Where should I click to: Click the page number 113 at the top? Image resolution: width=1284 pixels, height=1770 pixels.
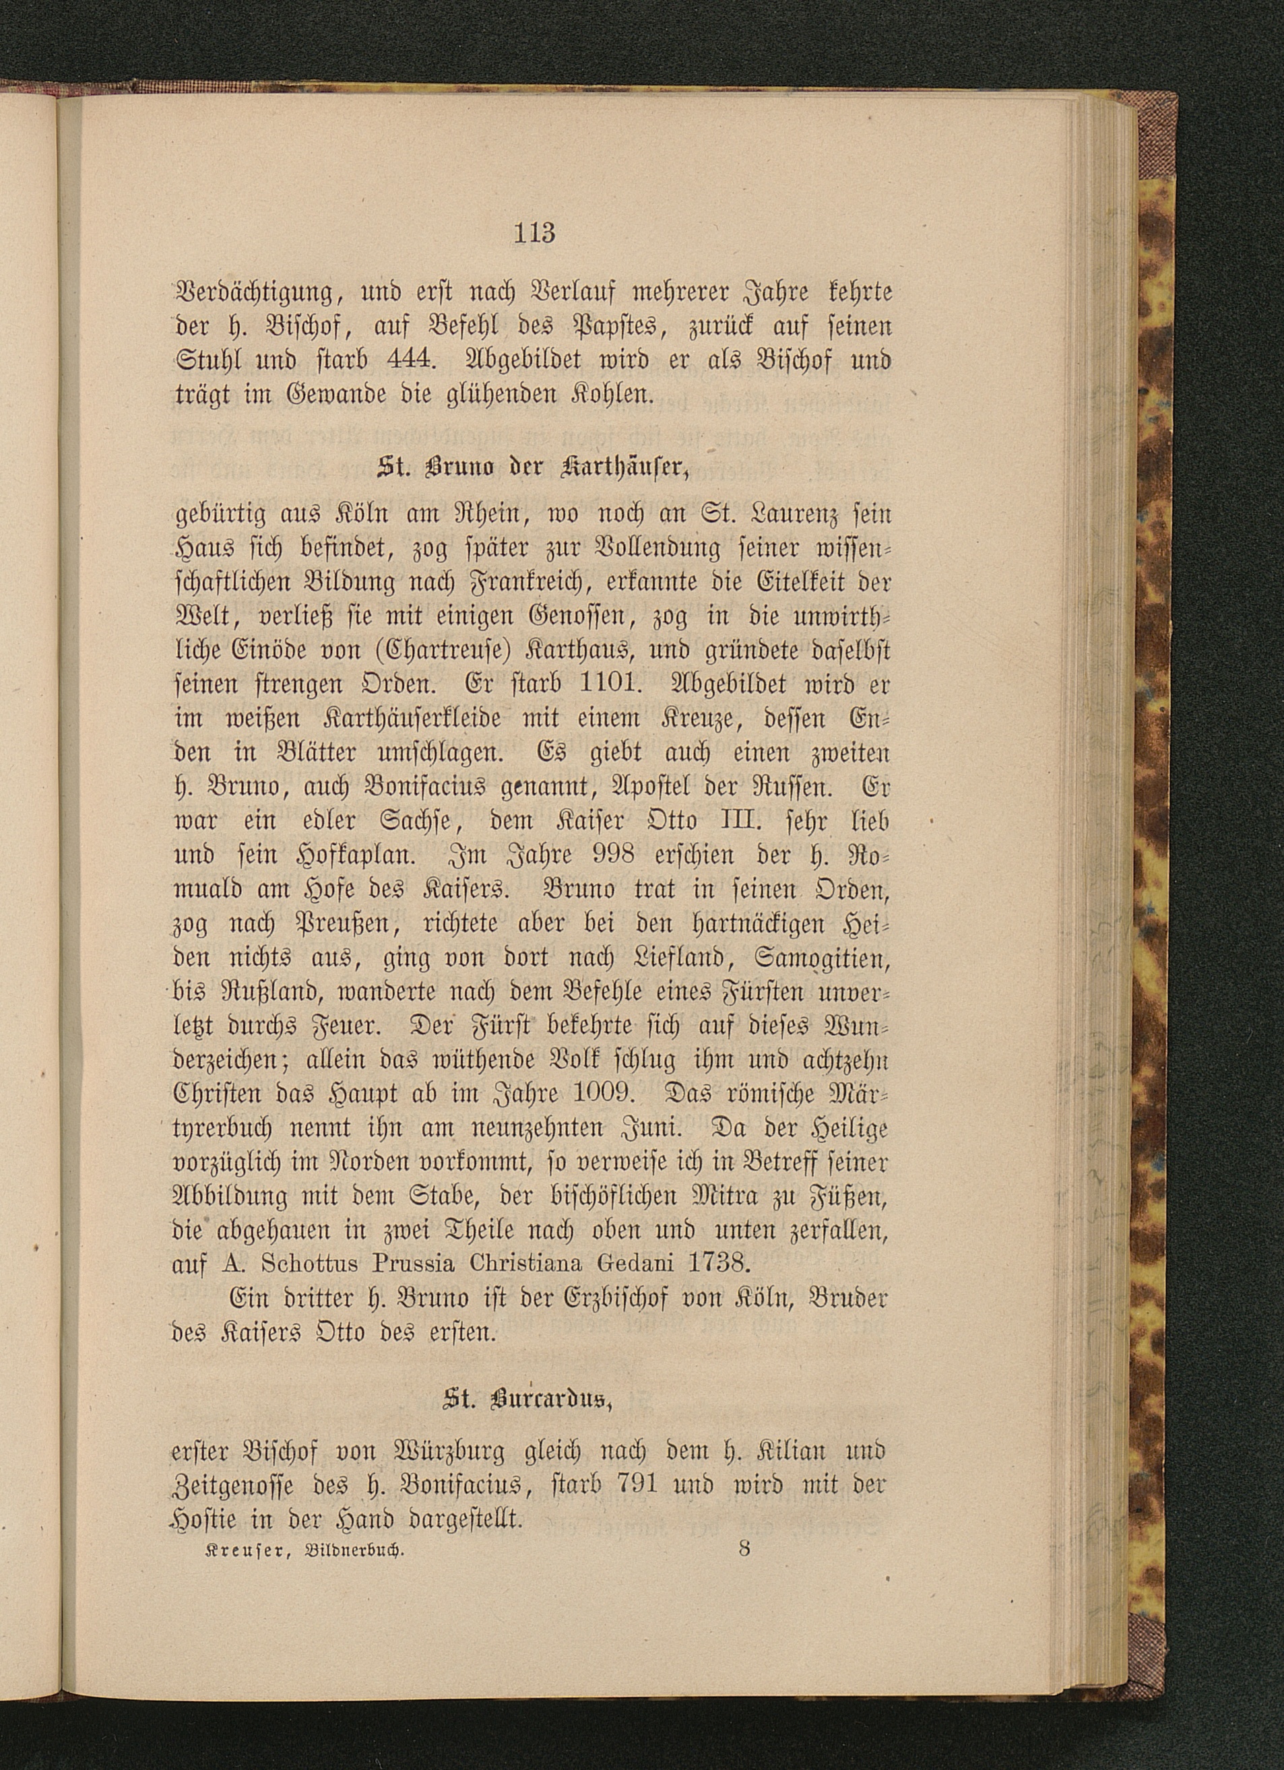534,232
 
